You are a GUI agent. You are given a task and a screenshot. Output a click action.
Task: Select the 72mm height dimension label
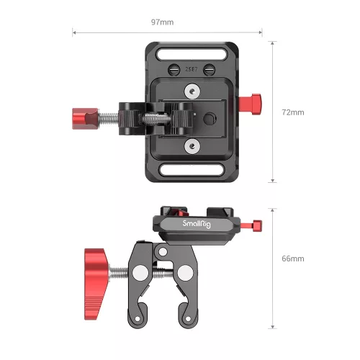click(293, 113)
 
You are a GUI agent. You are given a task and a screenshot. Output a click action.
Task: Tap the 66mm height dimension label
click(293, 258)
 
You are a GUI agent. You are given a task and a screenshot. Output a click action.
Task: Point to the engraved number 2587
click(191, 71)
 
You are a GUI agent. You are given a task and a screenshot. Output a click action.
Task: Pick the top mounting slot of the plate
click(191, 53)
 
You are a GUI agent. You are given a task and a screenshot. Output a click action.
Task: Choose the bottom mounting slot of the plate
click(191, 170)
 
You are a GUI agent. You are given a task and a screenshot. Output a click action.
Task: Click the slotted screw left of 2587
click(173, 70)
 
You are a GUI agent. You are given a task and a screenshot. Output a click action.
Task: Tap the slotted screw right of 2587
click(209, 70)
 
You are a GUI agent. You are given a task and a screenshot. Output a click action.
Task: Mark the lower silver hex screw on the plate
click(191, 146)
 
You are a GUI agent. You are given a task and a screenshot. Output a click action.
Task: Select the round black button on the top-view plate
click(208, 118)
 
